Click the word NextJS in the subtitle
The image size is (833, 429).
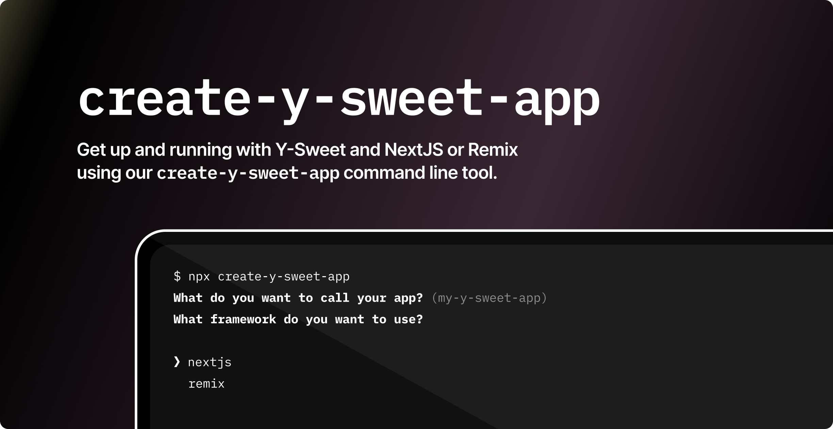[414, 150]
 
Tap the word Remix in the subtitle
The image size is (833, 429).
[493, 150]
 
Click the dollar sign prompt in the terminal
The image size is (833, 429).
[177, 276]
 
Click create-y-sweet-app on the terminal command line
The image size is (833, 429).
[283, 276]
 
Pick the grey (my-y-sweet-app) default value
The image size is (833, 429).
[489, 298]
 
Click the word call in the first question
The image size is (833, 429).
[335, 298]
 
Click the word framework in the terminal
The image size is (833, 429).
[243, 319]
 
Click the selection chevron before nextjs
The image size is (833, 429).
[177, 362]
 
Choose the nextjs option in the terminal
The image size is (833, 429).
[210, 363]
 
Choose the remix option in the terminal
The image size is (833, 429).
[206, 384]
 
